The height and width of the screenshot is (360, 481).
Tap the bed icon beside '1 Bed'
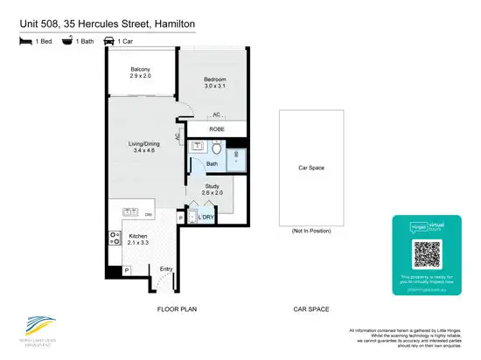(x=24, y=40)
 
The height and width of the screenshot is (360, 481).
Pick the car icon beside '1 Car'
(x=110, y=40)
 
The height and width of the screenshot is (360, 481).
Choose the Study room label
(x=212, y=186)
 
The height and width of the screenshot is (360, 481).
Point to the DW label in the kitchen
(x=149, y=214)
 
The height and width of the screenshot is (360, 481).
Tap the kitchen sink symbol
(x=130, y=212)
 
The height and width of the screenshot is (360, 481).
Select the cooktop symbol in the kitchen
(x=114, y=236)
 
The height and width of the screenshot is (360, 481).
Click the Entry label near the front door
(x=166, y=269)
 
